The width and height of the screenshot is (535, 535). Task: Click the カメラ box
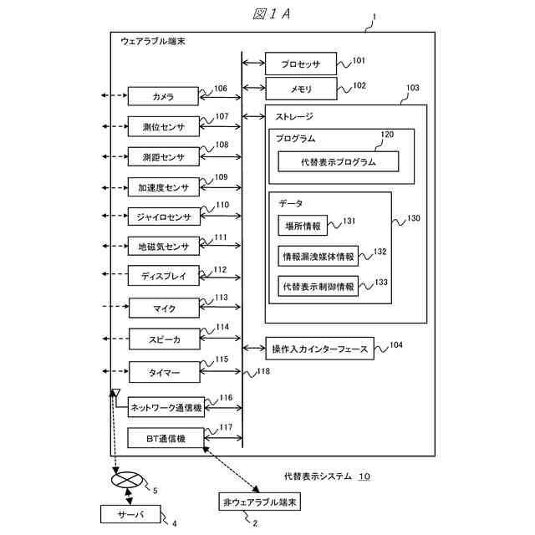tap(163, 97)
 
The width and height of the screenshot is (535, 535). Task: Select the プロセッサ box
tap(301, 63)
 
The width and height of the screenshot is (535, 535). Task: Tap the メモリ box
tap(301, 87)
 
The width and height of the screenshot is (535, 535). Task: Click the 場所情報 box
tap(303, 226)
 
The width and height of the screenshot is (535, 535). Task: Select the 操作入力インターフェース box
tap(319, 349)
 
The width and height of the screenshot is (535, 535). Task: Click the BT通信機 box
tap(165, 438)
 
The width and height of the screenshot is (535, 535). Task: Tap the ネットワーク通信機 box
tap(165, 408)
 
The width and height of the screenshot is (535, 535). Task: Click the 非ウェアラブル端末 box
tap(260, 502)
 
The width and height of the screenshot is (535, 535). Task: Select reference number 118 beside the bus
tap(263, 371)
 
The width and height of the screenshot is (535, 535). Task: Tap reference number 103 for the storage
tap(412, 87)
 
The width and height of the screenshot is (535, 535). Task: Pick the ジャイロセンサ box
tap(163, 217)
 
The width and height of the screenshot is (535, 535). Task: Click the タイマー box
tap(163, 370)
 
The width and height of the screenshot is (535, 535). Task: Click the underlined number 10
tap(364, 476)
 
